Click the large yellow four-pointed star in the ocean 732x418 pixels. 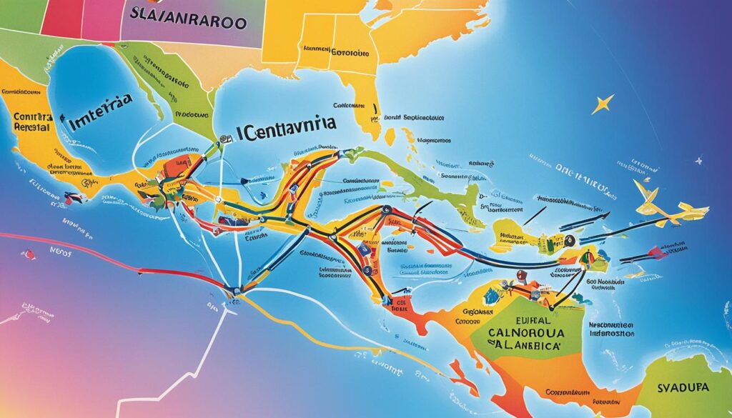tap(602, 105)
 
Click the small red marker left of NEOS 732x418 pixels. tap(29, 254)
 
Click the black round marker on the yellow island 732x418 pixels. tap(570, 241)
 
